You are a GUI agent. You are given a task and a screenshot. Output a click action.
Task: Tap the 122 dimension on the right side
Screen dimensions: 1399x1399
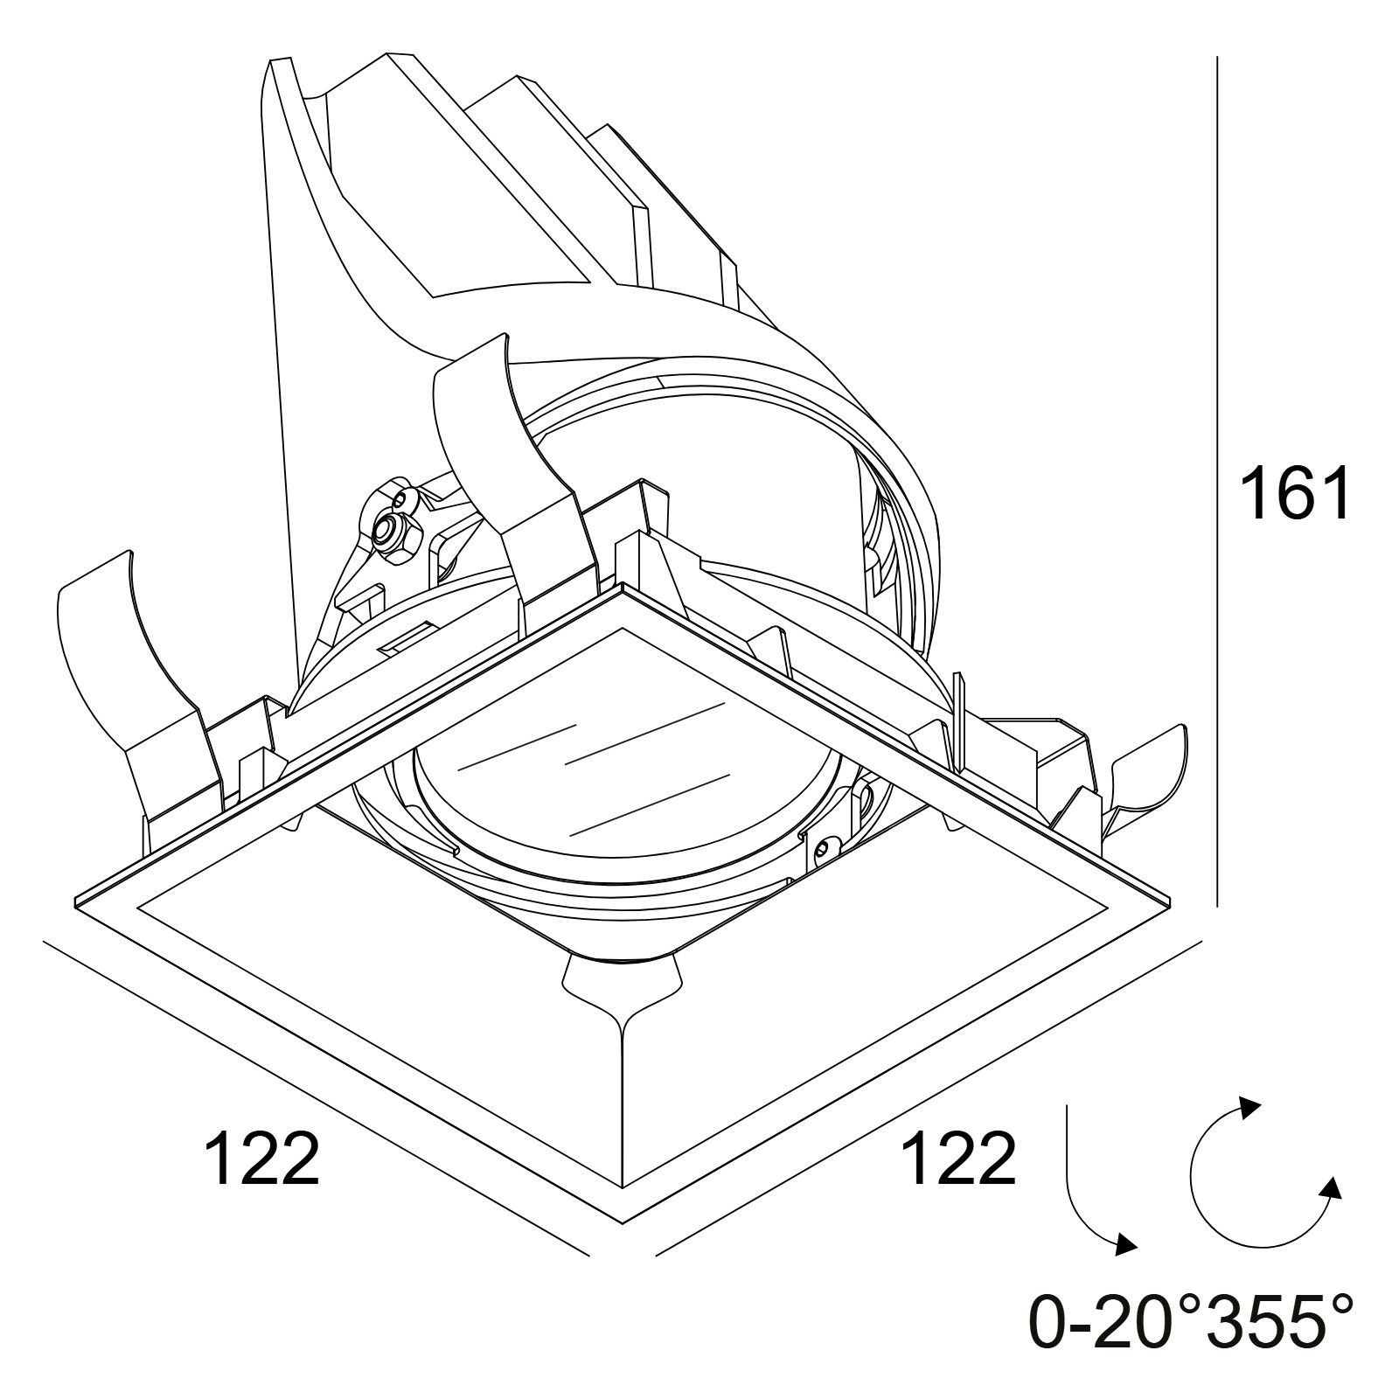point(958,1157)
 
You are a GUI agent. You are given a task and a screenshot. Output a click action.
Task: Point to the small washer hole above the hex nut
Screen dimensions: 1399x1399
point(401,500)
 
